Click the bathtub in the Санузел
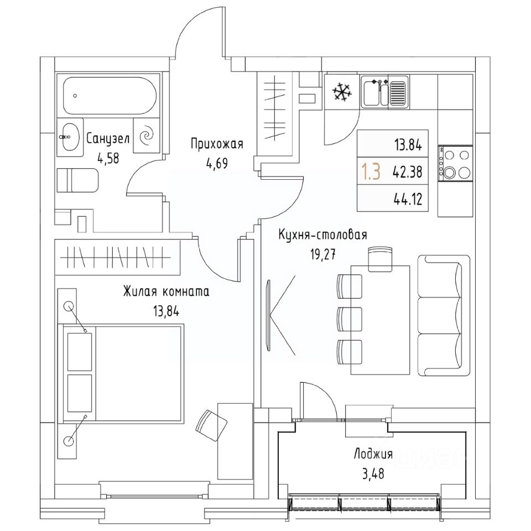(x=111, y=95)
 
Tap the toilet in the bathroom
(x=77, y=180)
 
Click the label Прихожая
(x=217, y=145)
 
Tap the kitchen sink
(x=384, y=91)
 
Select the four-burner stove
(x=455, y=163)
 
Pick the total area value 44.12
(x=408, y=199)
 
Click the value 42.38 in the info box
(x=408, y=172)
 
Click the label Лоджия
(x=373, y=454)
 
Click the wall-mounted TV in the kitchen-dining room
(x=269, y=315)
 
